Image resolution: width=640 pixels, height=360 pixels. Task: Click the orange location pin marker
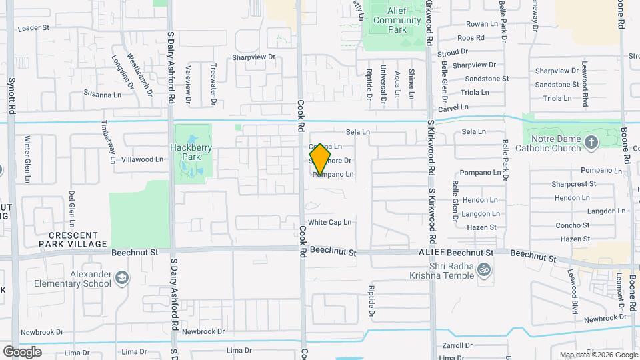click(x=320, y=159)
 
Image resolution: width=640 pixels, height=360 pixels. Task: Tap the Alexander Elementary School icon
click(x=121, y=277)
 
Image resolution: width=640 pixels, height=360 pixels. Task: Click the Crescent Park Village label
click(x=77, y=240)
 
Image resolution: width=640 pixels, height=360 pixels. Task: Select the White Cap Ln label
click(x=329, y=223)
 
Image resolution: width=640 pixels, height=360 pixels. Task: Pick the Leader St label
click(x=35, y=28)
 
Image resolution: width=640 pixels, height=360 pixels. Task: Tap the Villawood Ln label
click(x=142, y=159)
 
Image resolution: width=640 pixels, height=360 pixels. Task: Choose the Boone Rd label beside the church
click(x=625, y=146)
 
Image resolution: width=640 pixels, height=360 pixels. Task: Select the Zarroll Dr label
click(x=457, y=346)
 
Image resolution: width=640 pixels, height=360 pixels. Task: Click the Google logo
click(x=22, y=351)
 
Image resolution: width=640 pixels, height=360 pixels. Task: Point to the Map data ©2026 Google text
click(x=599, y=355)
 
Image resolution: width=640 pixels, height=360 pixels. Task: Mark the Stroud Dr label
click(x=453, y=52)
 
